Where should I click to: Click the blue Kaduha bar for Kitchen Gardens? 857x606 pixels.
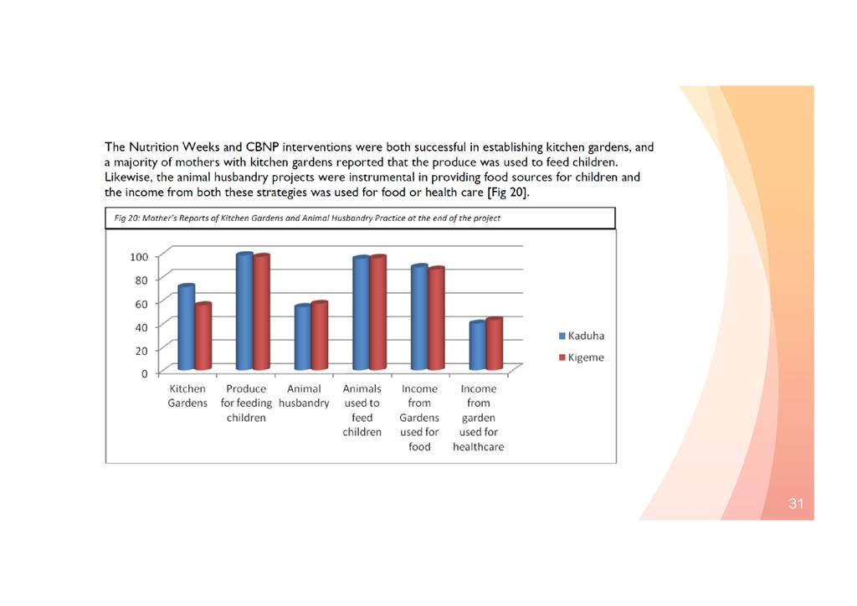[186, 328]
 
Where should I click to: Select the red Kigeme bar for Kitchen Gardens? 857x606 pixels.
[203, 336]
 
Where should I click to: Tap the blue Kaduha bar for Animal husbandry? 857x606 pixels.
[302, 337]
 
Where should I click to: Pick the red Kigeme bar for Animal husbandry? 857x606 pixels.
[319, 336]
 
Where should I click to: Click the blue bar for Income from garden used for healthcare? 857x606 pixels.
[477, 346]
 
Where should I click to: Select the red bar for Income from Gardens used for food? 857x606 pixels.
[435, 319]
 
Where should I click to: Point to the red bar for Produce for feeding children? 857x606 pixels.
[261, 312]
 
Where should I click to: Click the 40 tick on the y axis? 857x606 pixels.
[141, 326]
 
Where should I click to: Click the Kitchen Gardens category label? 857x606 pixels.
[187, 396]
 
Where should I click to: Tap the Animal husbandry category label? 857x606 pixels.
[304, 396]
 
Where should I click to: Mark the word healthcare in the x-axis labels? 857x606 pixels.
[478, 446]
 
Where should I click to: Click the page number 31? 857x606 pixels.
[795, 504]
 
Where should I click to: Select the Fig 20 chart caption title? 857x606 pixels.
[307, 218]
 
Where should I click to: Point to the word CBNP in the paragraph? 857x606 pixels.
[262, 147]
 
